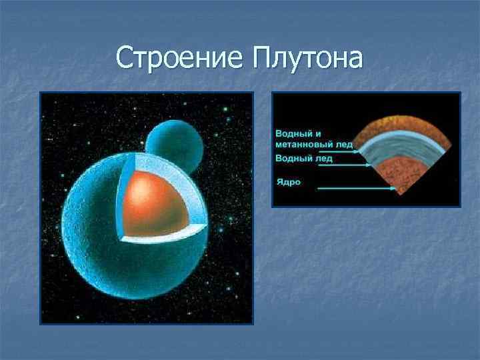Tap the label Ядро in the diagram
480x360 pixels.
(x=288, y=181)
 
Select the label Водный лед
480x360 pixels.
(x=304, y=159)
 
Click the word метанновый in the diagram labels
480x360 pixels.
(x=307, y=145)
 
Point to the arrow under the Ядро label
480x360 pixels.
(x=357, y=189)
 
